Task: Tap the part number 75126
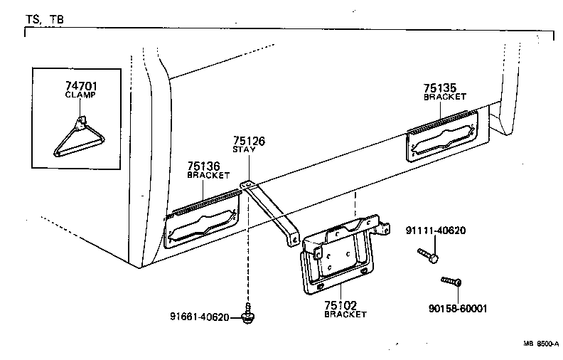[x=249, y=141]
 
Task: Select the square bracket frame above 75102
[x=339, y=257]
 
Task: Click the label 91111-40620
[x=436, y=231]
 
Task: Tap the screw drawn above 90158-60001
[x=451, y=283]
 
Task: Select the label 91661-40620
[x=200, y=317]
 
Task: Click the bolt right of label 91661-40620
[x=248, y=315]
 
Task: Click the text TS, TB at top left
[x=44, y=20]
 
